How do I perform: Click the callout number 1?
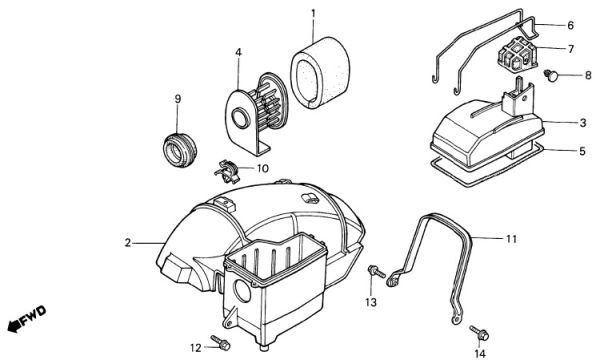(313, 14)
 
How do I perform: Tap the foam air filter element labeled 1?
(320, 73)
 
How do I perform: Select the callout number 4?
(238, 52)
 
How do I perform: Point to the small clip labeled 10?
(227, 172)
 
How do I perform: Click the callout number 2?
(128, 243)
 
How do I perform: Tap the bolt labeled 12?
(220, 342)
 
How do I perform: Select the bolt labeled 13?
(376, 271)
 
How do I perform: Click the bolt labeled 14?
(479, 332)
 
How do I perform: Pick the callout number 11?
(511, 239)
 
